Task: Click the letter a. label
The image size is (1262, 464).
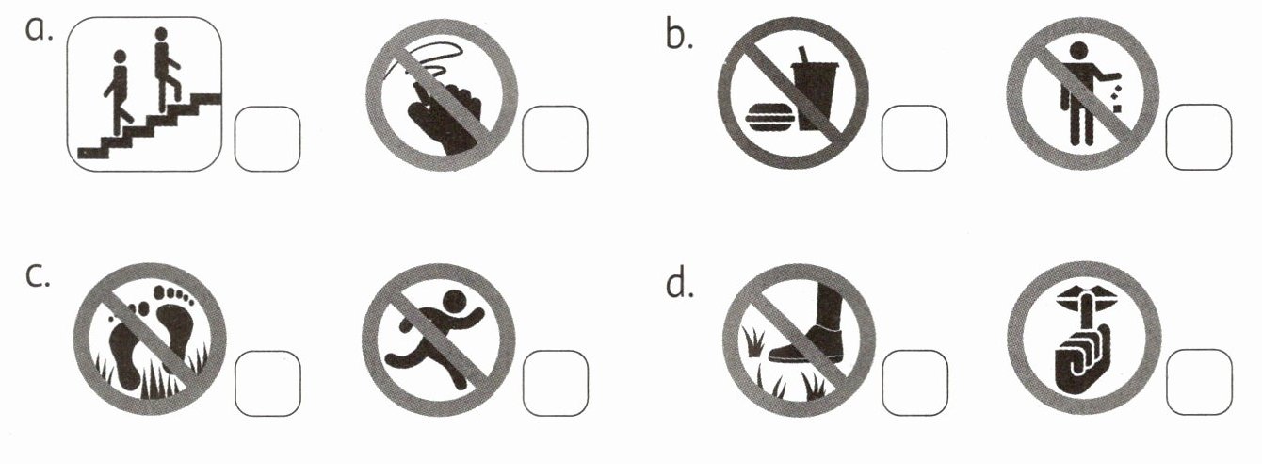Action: [40, 30]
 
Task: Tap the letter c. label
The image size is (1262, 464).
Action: [38, 274]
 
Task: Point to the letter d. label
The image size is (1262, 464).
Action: [679, 281]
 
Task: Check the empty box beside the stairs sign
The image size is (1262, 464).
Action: [267, 139]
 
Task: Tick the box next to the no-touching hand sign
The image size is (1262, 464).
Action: [555, 139]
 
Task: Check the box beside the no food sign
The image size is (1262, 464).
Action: [914, 138]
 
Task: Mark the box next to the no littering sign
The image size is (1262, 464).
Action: [1199, 137]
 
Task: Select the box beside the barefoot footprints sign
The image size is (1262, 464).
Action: [267, 383]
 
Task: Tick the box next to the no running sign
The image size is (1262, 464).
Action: [556, 383]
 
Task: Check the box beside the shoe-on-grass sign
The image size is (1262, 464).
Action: [915, 383]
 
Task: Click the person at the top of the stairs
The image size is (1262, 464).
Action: [166, 69]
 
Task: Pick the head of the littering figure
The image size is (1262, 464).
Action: [1078, 51]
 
